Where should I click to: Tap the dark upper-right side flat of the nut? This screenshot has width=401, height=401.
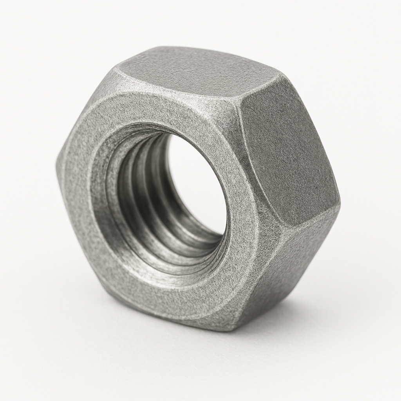tap(286, 153)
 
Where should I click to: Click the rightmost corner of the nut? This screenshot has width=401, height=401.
tap(339, 204)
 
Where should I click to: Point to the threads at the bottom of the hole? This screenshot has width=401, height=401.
tap(184, 255)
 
